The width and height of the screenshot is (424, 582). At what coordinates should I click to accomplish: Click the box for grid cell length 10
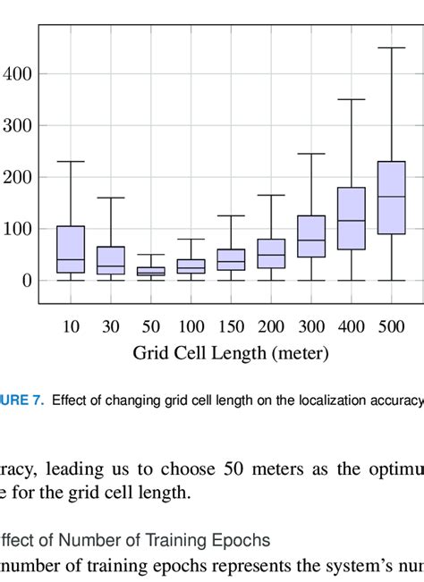pyautogui.click(x=71, y=249)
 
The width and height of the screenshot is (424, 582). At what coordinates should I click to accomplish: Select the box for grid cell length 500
pyautogui.click(x=392, y=198)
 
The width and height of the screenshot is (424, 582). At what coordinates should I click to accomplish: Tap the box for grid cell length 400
pyautogui.click(x=352, y=219)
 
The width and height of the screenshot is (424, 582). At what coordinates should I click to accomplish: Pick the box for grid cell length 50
pyautogui.click(x=150, y=272)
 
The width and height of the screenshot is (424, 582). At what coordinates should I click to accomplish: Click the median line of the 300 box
pyautogui.click(x=311, y=240)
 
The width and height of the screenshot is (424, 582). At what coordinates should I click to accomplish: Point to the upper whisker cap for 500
pyautogui.click(x=392, y=47)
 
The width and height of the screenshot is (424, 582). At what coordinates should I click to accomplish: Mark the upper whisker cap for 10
pyautogui.click(x=71, y=161)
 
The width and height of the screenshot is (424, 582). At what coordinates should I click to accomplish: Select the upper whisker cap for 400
pyautogui.click(x=352, y=99)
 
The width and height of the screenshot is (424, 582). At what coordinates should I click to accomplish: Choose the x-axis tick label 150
pyautogui.click(x=231, y=327)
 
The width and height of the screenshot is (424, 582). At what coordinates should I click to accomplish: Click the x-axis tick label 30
pyautogui.click(x=111, y=327)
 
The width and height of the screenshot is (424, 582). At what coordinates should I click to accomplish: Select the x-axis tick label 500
pyautogui.click(x=392, y=327)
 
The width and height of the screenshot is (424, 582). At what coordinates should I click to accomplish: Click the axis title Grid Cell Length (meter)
pyautogui.click(x=231, y=353)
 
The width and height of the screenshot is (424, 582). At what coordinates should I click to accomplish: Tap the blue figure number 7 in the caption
pyautogui.click(x=38, y=401)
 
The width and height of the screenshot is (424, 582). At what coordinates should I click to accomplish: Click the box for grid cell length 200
pyautogui.click(x=271, y=254)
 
